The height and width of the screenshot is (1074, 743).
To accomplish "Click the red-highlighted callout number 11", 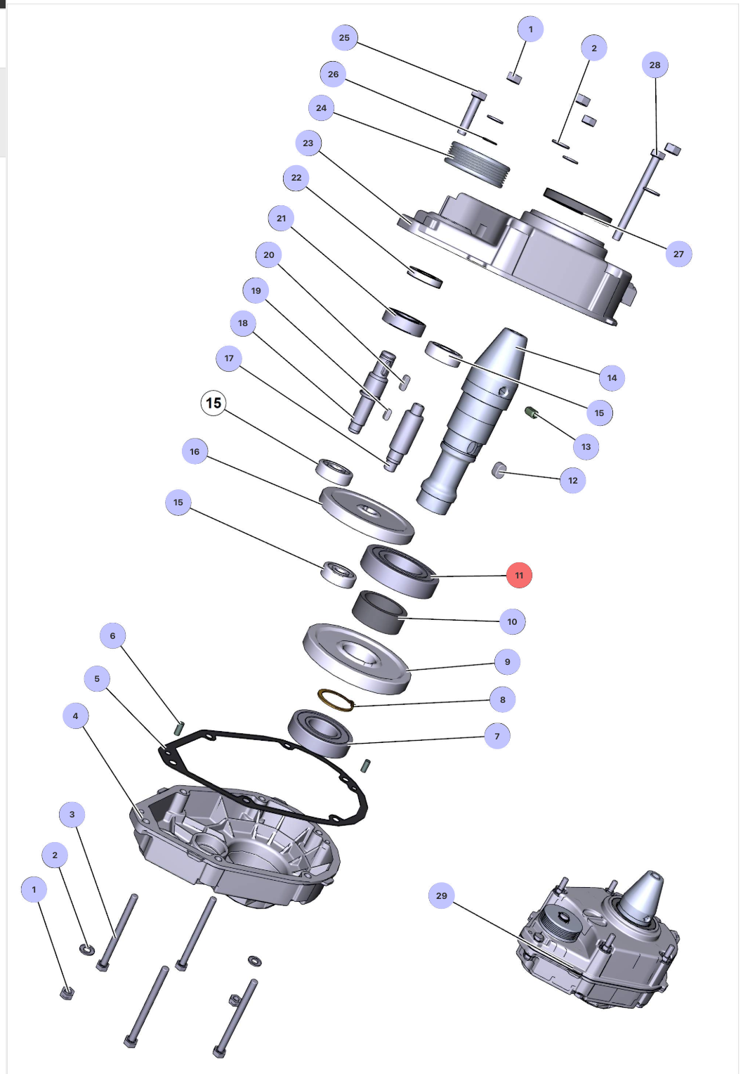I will (519, 575).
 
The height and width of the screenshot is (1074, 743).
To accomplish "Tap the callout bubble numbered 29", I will (441, 895).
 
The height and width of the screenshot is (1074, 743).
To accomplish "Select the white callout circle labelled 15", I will (213, 403).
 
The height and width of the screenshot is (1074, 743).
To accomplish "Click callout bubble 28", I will (655, 65).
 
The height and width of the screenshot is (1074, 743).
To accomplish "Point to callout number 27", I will (678, 254).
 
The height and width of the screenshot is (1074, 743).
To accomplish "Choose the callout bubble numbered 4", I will (75, 716).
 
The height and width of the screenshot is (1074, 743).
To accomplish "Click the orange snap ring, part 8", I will (336, 700).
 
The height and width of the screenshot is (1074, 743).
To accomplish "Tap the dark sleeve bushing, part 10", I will (379, 612).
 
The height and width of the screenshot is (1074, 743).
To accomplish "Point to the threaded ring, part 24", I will (478, 164).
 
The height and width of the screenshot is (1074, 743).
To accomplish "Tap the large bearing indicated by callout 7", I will (320, 732).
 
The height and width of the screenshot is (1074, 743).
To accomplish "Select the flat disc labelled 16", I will (366, 515).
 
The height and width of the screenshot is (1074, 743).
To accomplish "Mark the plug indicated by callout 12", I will (499, 470).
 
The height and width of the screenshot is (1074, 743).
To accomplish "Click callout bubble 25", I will (344, 37).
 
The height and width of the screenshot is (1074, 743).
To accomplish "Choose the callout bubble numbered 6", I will (112, 635).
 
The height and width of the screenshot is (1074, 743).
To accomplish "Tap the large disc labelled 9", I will (356, 657).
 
